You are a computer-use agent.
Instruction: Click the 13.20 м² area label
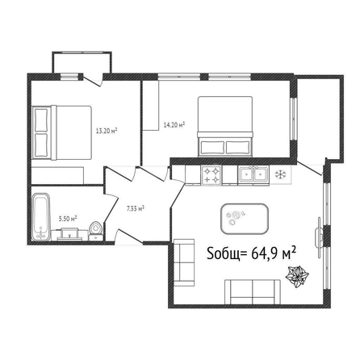tap(107, 131)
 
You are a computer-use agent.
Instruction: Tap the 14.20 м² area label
tap(174, 125)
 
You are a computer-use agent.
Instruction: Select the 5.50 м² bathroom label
tap(68, 219)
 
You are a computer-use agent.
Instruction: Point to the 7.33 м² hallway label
tap(136, 208)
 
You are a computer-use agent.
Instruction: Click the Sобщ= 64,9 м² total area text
tap(252, 253)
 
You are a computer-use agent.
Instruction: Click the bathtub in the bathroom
tap(41, 216)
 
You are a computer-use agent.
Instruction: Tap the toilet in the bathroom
tap(95, 231)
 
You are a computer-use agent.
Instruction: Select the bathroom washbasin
tap(69, 234)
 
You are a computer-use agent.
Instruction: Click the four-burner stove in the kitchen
tap(211, 175)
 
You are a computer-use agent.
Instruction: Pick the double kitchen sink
tap(253, 175)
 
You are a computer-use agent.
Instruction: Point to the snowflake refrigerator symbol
tap(280, 174)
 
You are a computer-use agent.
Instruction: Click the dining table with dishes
tap(245, 219)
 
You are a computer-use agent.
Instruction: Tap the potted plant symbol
tap(297, 277)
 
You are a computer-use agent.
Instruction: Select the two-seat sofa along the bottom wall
tap(253, 292)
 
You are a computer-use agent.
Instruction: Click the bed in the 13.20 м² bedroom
tap(61, 132)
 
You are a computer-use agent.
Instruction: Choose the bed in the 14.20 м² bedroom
tap(225, 127)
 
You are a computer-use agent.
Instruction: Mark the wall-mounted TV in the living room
tap(320, 237)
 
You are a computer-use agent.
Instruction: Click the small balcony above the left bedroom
tap(82, 62)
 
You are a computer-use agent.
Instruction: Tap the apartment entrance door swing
tap(128, 237)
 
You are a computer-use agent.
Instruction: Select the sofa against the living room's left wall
tap(184, 262)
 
